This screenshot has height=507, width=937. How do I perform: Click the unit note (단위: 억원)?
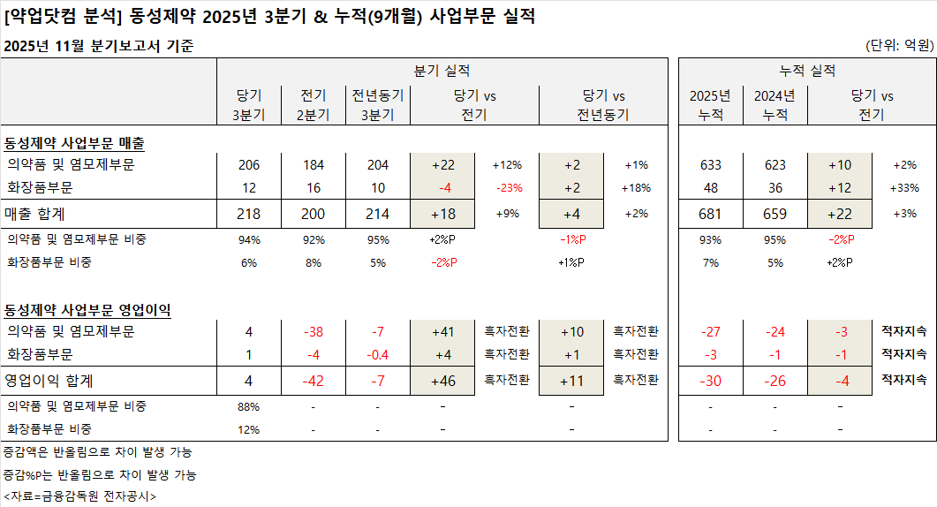[x=899, y=45]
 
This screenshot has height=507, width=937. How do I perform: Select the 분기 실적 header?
[x=442, y=71]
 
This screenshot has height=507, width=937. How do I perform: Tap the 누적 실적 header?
[x=807, y=71]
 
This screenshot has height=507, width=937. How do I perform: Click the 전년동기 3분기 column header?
[x=377, y=105]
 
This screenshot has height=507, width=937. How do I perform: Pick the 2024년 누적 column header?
[x=775, y=105]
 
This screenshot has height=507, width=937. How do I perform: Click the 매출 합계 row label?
[x=34, y=214]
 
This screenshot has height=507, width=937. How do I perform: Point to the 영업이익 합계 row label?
[x=49, y=380]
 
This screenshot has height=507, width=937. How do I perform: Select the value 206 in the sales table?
[x=250, y=164]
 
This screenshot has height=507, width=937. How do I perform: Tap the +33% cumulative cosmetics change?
[x=905, y=188]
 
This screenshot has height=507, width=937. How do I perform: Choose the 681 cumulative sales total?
[x=710, y=214]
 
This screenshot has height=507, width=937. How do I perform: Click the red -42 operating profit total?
[x=314, y=381]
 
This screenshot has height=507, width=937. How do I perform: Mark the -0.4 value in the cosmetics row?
[x=377, y=355]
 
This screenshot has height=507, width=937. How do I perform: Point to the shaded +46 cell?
[x=442, y=381]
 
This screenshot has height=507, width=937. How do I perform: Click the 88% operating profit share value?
[x=250, y=406]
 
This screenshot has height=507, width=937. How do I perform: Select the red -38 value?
[x=314, y=332]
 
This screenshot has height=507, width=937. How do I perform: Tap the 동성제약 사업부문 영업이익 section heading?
[x=87, y=310]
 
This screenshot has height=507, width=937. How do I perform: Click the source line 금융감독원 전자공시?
[x=80, y=496]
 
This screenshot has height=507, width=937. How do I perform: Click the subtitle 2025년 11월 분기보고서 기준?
[x=99, y=46]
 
